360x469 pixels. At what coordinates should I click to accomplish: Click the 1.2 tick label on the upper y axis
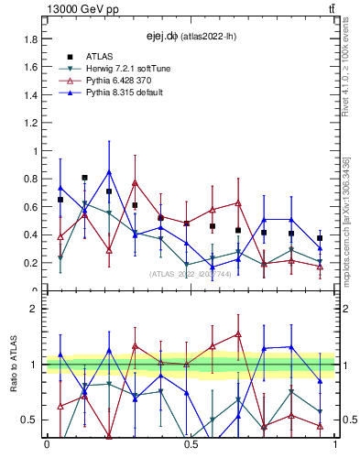pyautogui.click(x=32, y=123)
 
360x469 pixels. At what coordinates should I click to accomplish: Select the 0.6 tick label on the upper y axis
pyautogui.click(x=32, y=207)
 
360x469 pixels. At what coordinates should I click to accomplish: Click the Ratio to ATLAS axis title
pyautogui.click(x=14, y=364)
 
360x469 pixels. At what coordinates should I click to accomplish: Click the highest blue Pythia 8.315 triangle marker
pyautogui.click(x=109, y=171)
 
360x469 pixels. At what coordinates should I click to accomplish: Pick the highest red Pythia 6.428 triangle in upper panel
pyautogui.click(x=135, y=183)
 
